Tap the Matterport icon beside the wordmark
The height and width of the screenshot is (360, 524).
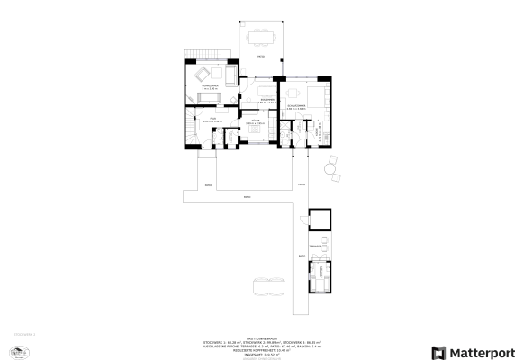pyautogui.click(x=438, y=352)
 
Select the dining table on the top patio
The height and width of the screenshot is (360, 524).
pyautogui.click(x=262, y=37)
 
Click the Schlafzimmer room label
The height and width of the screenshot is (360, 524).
pyautogui.click(x=298, y=106)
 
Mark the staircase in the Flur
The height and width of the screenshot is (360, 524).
pyautogui.click(x=190, y=128)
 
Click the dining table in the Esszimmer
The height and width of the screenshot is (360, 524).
pyautogui.click(x=266, y=90)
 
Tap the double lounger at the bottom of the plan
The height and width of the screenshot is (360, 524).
pyautogui.click(x=269, y=286)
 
